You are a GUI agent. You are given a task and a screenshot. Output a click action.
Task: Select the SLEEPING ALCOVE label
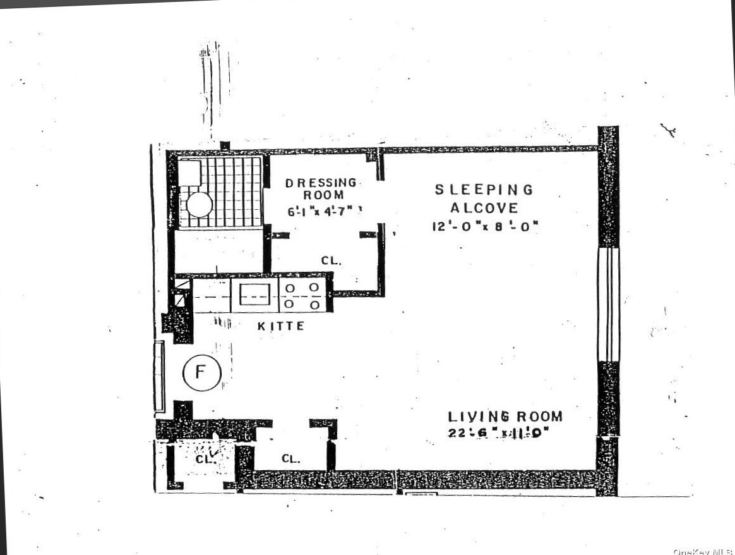pyautogui.click(x=484, y=198)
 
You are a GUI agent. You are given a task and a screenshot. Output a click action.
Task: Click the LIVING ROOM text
pyautogui.click(x=505, y=417)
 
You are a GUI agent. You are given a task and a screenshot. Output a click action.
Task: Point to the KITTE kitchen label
pyautogui.click(x=281, y=326)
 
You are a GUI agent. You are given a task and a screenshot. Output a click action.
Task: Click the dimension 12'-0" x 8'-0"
pyautogui.click(x=484, y=226)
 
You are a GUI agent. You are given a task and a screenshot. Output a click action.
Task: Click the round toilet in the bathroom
pyautogui.click(x=200, y=205)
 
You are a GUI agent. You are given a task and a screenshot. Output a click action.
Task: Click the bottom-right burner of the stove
pyautogui.click(x=314, y=304)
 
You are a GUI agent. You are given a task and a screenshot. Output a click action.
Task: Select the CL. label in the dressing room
pyautogui.click(x=331, y=260)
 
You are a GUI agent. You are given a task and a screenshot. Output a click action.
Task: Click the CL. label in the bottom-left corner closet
pyautogui.click(x=205, y=460)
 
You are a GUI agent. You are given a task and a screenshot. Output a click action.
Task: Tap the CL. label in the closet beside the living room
pyautogui.click(x=290, y=459)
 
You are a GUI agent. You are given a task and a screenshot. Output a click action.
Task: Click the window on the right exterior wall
pyautogui.click(x=609, y=304)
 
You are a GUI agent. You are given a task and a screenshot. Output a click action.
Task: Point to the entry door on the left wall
pyautogui.click(x=159, y=376)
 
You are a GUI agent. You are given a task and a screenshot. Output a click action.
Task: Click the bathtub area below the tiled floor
pyautogui.click(x=218, y=251)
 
